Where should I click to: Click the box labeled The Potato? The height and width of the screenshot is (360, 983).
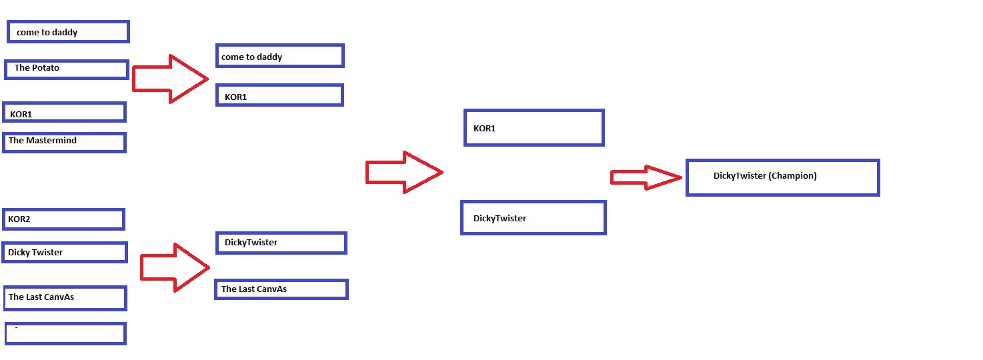66,69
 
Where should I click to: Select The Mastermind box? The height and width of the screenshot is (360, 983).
64,142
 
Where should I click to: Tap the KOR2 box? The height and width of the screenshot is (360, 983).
63,219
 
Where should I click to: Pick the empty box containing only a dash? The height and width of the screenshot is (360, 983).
65,333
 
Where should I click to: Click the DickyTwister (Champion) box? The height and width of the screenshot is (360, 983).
782,177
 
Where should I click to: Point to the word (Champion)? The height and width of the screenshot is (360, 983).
792,176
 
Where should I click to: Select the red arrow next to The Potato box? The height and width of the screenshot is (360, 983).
169,79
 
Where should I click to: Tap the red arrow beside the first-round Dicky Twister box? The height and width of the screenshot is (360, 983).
174,267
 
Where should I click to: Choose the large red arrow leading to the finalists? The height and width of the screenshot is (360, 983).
403,173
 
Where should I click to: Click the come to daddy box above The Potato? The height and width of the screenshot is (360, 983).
67,31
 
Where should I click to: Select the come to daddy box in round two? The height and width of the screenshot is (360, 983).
279,56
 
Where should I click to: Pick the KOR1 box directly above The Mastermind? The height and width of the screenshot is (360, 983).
64,112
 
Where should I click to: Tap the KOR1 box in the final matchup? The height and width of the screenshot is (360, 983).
534,128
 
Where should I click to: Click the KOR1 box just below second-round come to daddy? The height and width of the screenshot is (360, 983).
279,95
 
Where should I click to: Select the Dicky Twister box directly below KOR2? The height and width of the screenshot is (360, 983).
64,252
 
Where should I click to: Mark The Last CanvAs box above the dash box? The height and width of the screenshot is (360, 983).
64,298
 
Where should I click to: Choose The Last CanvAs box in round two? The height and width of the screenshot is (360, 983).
281,289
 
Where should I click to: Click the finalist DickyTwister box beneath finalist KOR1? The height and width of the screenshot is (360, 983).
533,218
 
